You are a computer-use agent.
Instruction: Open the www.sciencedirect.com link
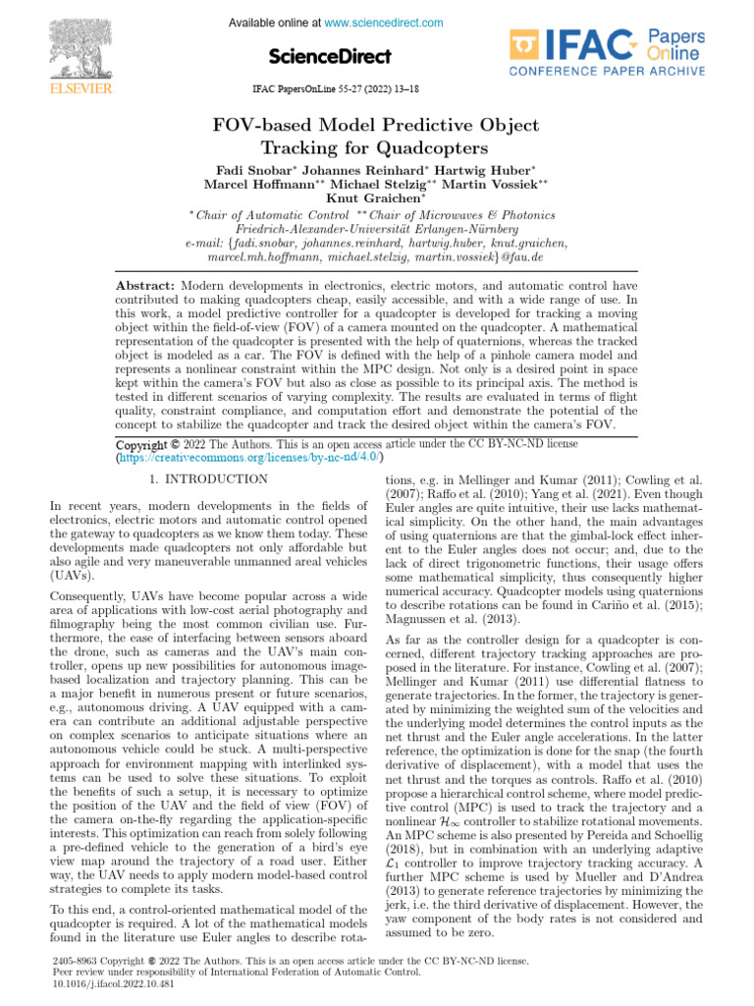click(384, 23)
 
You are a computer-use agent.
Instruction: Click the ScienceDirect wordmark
click(330, 56)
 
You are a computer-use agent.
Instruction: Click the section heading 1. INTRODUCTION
click(207, 479)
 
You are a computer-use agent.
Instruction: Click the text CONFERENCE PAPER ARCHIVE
click(605, 70)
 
